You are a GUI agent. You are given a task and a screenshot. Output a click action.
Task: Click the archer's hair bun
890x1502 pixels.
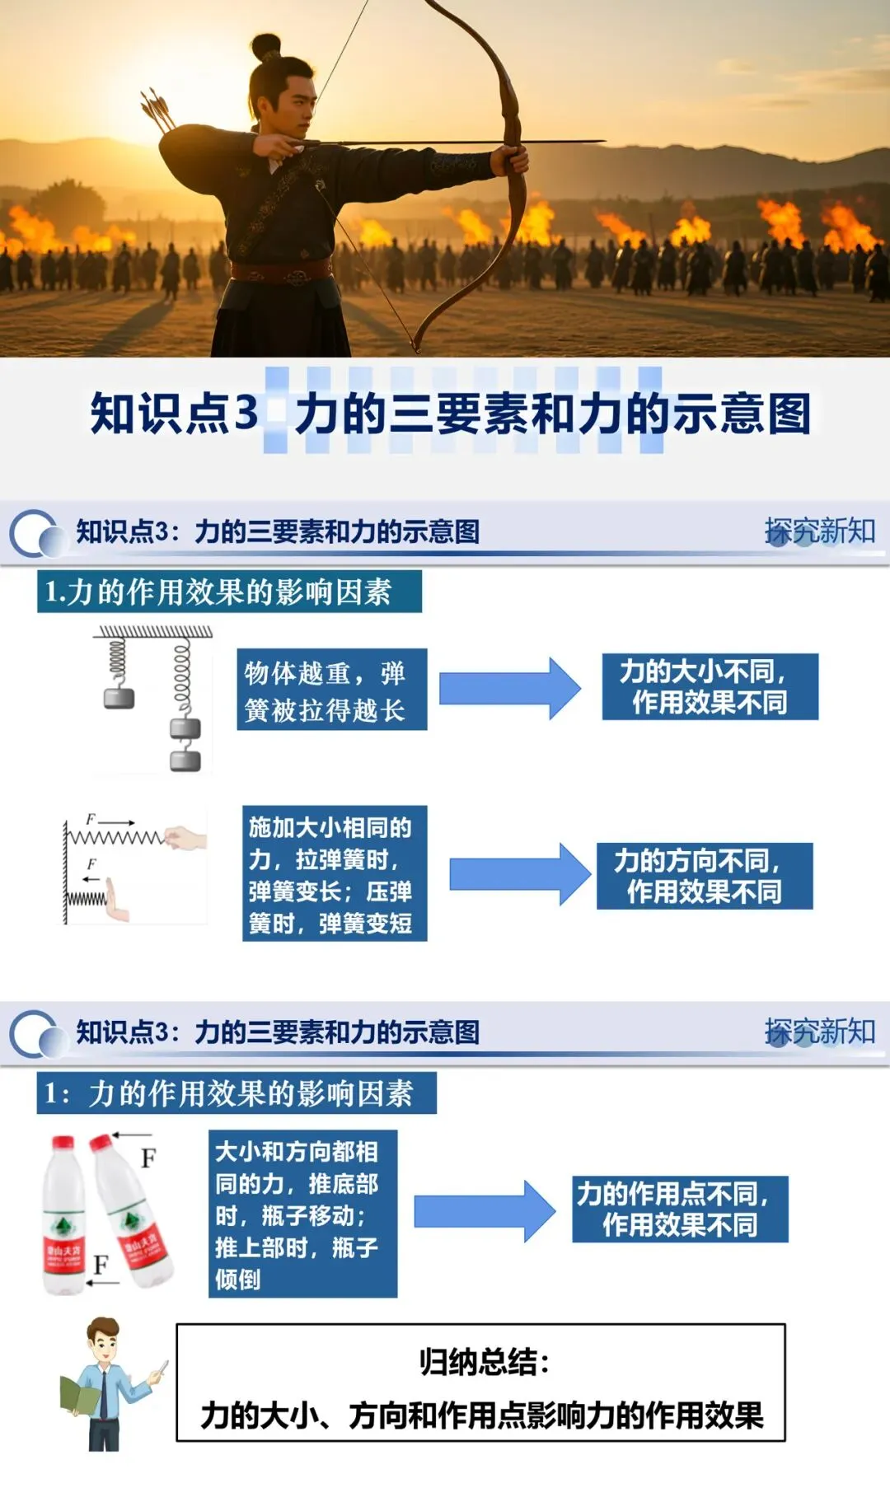(x=265, y=46)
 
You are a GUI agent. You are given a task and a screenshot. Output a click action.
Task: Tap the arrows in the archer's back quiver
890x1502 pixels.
(x=158, y=110)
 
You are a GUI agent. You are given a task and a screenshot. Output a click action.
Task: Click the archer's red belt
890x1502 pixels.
(x=280, y=270)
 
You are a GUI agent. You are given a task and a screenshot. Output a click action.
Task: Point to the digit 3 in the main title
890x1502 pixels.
(x=246, y=412)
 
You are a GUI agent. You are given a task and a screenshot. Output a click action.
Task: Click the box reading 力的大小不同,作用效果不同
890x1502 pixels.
(x=710, y=687)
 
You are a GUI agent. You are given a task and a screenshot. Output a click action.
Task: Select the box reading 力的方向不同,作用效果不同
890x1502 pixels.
(x=705, y=876)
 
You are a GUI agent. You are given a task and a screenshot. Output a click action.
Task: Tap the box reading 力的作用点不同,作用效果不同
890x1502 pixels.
(x=680, y=1209)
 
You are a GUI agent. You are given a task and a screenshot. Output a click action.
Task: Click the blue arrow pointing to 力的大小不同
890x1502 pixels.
(x=509, y=688)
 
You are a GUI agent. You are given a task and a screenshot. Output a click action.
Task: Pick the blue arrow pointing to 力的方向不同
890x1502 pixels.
(x=519, y=874)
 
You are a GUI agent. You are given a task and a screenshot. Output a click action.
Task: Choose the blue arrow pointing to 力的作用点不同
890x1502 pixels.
(x=484, y=1210)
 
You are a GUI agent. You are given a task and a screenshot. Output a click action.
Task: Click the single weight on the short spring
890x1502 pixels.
(x=119, y=699)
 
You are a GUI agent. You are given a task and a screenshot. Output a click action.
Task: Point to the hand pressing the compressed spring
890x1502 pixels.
(x=118, y=903)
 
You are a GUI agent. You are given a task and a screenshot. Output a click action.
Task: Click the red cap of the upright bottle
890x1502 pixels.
(x=63, y=1144)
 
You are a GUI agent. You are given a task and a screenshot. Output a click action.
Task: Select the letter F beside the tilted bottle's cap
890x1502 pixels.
(x=148, y=1158)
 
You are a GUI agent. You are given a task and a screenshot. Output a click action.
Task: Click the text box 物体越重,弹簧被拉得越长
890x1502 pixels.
(x=331, y=690)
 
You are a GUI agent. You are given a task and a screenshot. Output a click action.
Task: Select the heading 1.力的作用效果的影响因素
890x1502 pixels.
(x=229, y=592)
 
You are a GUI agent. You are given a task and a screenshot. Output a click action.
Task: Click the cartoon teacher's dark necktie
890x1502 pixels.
(x=104, y=1392)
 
